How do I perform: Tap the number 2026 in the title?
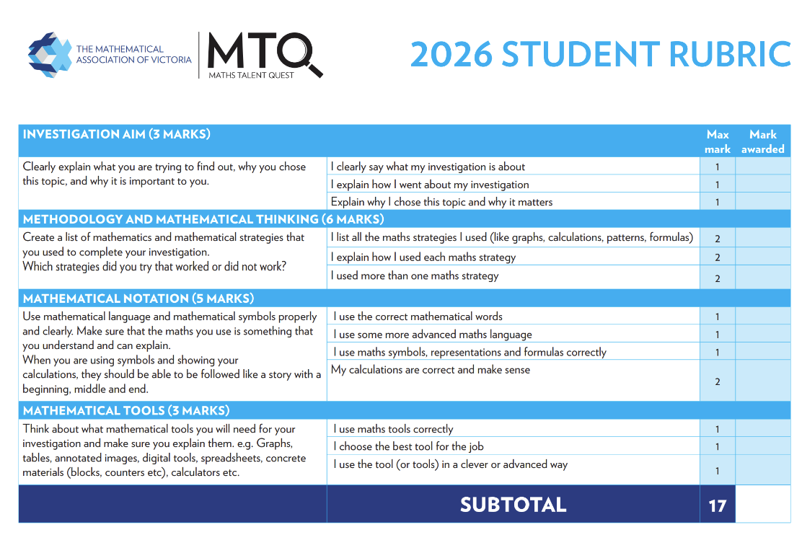pos(451,54)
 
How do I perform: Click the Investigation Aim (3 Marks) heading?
pos(116,134)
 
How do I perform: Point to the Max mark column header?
pos(718,141)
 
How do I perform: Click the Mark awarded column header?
pos(762,141)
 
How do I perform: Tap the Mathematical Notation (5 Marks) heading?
pos(138,299)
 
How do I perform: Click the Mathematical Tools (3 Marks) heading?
pos(126,411)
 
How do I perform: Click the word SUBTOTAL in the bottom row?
pos(513,505)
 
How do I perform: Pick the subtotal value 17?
pos(717,505)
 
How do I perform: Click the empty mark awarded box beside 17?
pos(762,504)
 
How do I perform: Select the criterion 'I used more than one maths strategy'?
pos(415,275)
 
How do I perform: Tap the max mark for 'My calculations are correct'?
pos(718,381)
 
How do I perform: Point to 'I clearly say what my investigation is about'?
pos(428,167)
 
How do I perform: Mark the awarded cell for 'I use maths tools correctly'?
pos(762,429)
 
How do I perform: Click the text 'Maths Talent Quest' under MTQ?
pos(251,75)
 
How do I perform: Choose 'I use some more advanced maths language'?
pos(432,335)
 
